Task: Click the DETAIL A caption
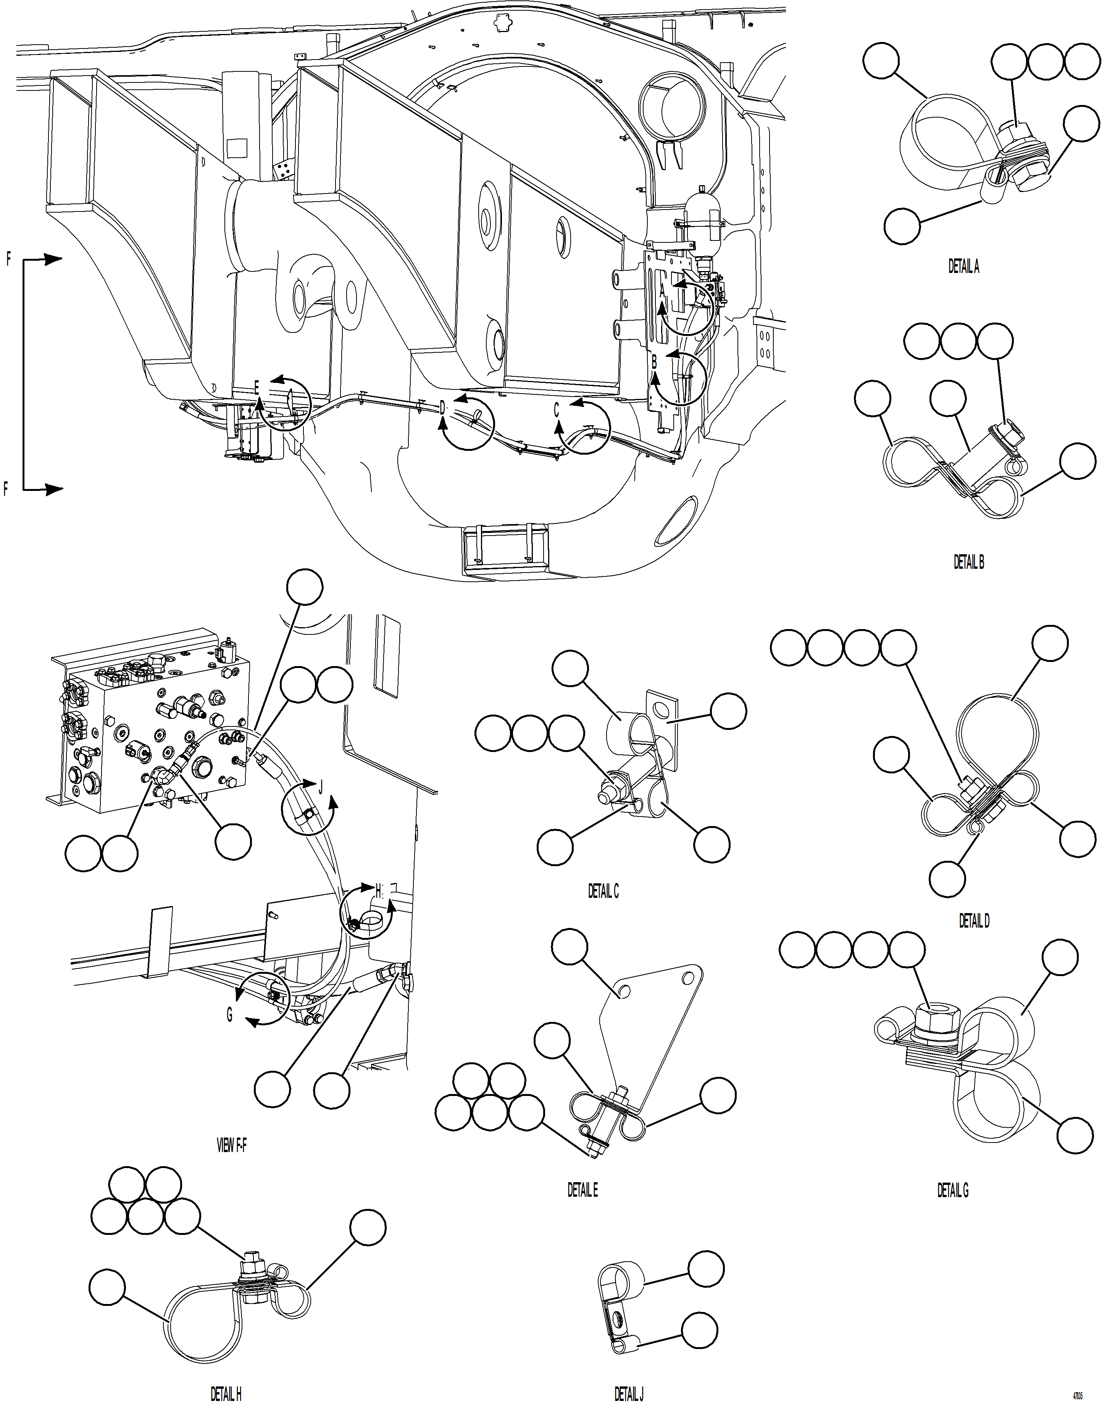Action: tap(963, 266)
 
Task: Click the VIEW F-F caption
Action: tap(231, 1145)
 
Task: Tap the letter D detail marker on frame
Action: tap(443, 408)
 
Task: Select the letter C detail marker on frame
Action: tap(556, 410)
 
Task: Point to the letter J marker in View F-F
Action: tap(321, 786)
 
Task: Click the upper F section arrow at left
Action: tap(8, 259)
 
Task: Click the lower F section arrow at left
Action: tap(6, 489)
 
